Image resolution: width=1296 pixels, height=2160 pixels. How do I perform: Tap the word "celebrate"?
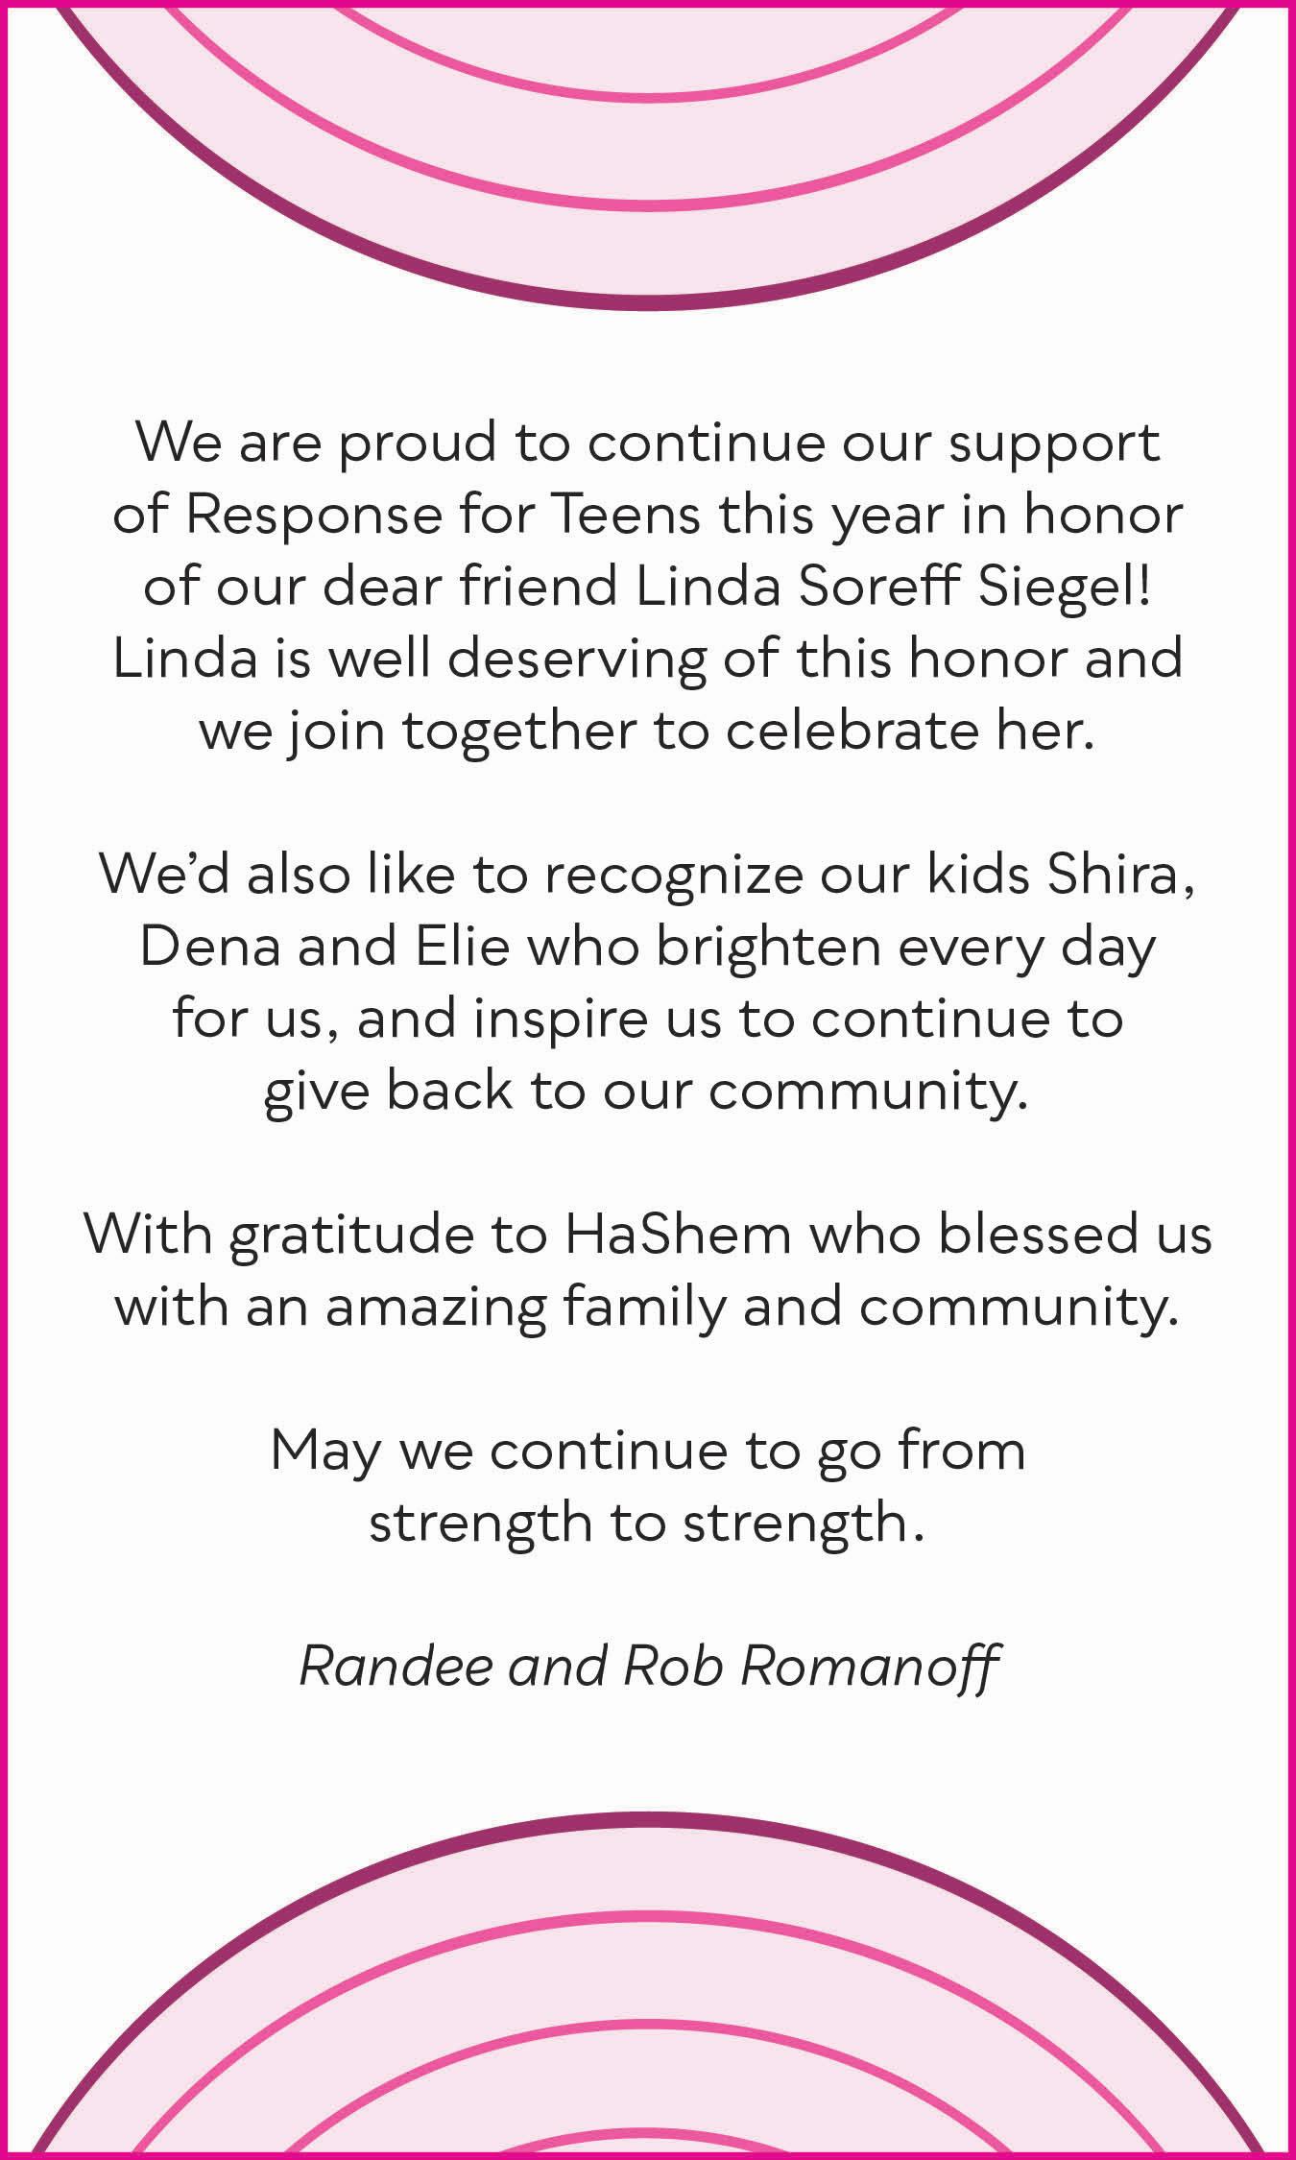(x=869, y=732)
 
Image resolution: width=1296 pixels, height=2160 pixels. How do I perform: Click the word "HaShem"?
(x=678, y=1235)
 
